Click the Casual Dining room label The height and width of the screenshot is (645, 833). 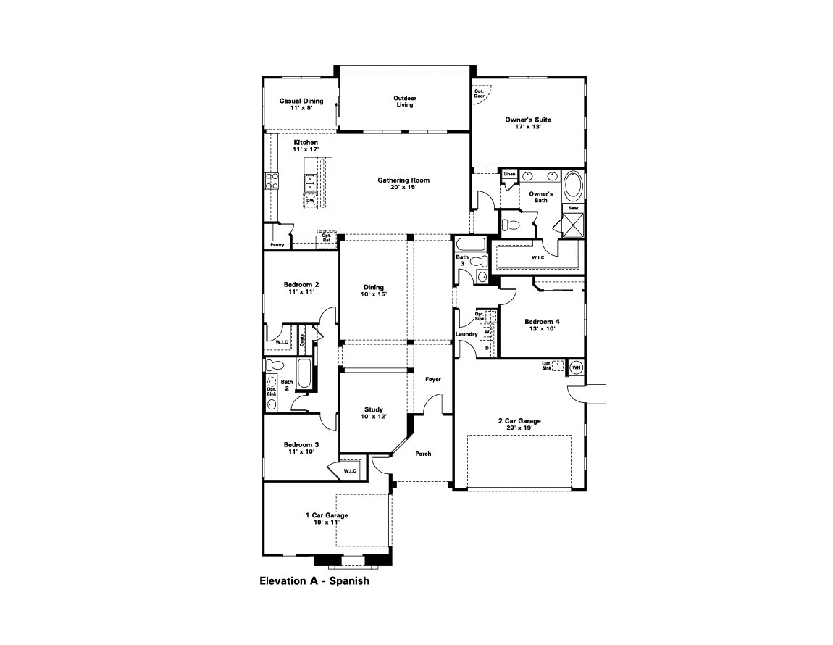(301, 104)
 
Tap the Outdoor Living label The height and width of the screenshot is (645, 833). (404, 101)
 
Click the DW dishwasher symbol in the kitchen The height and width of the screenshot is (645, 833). (310, 201)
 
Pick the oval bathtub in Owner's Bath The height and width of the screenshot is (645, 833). (573, 186)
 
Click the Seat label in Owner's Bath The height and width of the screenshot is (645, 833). (573, 208)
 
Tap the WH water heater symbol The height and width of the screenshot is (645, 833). (577, 367)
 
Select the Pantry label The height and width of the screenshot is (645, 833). (277, 245)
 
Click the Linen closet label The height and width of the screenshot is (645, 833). (509, 175)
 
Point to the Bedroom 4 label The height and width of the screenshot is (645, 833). (543, 325)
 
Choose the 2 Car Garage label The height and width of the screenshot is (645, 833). (519, 424)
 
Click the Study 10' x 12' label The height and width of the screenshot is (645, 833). (374, 413)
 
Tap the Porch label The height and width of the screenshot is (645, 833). (423, 454)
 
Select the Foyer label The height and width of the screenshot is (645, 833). (432, 379)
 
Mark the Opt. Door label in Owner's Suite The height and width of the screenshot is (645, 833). (480, 93)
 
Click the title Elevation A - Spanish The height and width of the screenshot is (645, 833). (314, 580)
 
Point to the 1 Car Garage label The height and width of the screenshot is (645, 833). (326, 519)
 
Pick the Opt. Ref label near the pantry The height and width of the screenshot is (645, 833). (326, 238)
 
